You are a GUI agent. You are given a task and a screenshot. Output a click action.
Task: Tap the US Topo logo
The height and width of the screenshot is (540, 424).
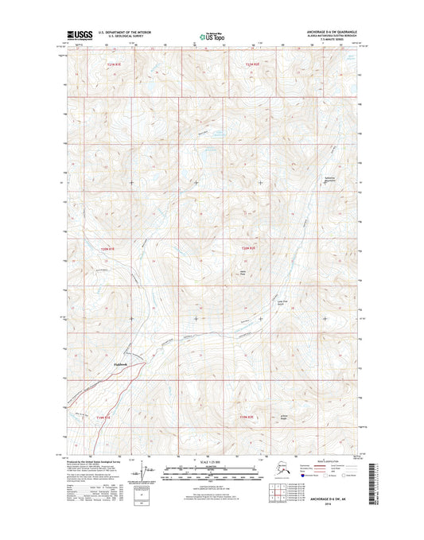212,36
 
